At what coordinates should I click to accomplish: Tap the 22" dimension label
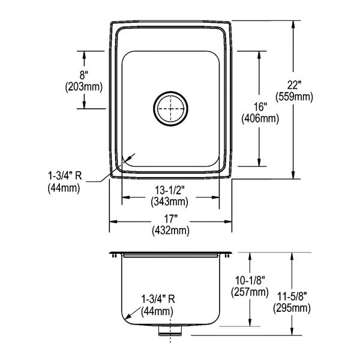click(x=294, y=85)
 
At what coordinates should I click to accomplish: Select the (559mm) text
click(x=294, y=97)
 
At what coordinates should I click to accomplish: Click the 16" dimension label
click(x=260, y=107)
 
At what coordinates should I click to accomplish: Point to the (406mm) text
click(x=260, y=119)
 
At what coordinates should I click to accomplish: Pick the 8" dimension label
click(x=84, y=76)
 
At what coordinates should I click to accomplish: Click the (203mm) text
click(x=84, y=87)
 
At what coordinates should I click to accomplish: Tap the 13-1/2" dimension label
click(x=170, y=190)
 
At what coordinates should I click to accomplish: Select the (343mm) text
click(x=170, y=202)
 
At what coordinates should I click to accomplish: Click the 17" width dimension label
click(x=170, y=219)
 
